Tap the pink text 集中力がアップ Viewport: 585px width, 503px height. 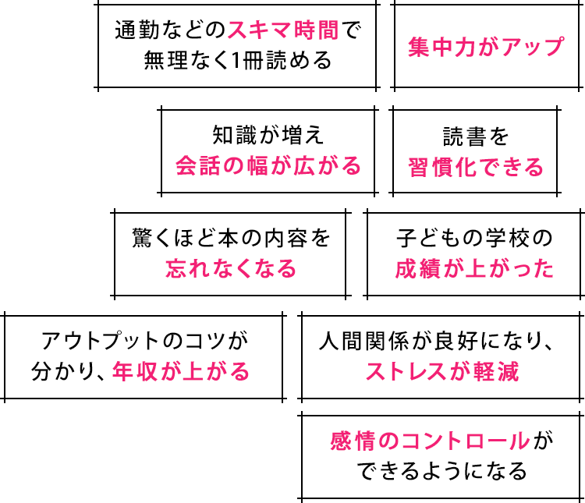(x=485, y=46)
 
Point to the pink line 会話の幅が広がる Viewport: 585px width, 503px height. (x=268, y=166)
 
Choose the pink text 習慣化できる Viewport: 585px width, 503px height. (x=476, y=166)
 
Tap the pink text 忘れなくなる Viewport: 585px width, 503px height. (x=232, y=269)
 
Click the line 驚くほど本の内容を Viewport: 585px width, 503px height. (x=232, y=238)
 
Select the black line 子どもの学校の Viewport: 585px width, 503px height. (x=474, y=238)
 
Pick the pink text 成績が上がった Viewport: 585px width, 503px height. (x=474, y=269)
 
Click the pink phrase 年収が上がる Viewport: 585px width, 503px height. (x=181, y=371)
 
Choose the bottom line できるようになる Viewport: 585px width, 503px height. (x=442, y=473)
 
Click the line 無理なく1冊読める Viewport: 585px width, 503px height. (x=237, y=61)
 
